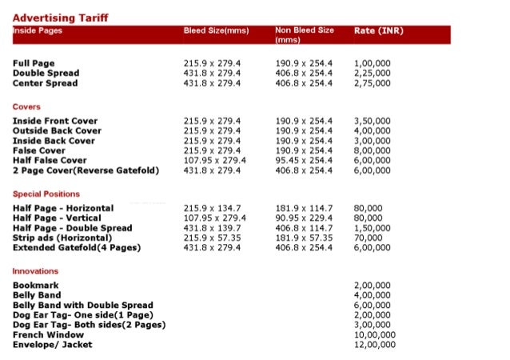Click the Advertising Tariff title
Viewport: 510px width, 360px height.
coord(61,18)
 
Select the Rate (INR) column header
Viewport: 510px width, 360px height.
coord(380,31)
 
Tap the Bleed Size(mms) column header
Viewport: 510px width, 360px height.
coord(216,31)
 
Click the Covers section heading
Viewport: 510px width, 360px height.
coord(26,106)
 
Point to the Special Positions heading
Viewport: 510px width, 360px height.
coord(46,194)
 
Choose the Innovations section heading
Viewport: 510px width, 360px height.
coord(35,271)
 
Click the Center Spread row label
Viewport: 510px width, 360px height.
coord(45,83)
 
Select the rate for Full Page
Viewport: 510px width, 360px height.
coord(373,63)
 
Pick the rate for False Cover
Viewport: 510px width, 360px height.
coord(373,150)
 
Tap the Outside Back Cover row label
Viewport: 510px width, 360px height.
coord(57,130)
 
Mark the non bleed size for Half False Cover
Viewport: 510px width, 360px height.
coord(305,160)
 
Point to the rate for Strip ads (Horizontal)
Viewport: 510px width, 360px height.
coord(368,238)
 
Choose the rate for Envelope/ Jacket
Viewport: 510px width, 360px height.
coord(375,345)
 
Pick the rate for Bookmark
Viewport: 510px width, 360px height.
coord(373,286)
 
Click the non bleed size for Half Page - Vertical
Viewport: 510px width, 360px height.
coord(305,218)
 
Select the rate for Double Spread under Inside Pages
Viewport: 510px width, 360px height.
coord(373,73)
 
